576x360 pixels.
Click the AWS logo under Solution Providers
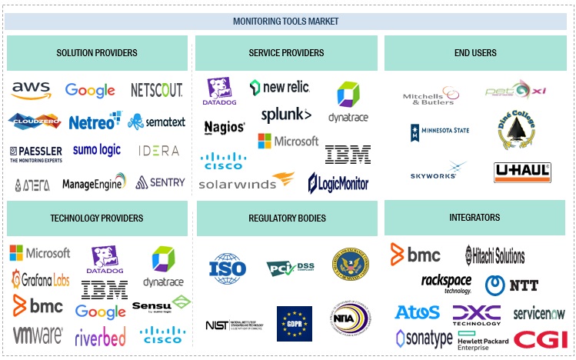[31, 91]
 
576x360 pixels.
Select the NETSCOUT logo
[156, 90]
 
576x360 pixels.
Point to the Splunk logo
[286, 115]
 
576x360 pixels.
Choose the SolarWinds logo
[246, 182]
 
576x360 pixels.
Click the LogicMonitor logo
[338, 183]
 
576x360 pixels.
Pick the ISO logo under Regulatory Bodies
[228, 268]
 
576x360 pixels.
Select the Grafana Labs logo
[40, 278]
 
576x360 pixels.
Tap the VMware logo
[38, 335]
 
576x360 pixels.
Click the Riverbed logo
[101, 336]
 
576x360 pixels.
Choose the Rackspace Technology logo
[446, 283]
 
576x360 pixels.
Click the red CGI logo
[541, 338]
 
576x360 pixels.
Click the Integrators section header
[474, 218]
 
